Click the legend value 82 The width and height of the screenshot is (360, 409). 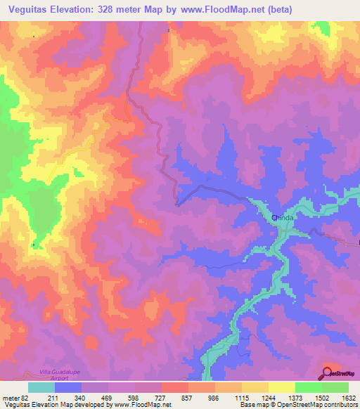[x=25, y=398]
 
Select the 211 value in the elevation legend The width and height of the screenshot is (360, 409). [x=53, y=398]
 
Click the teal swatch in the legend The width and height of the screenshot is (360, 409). [x=41, y=387]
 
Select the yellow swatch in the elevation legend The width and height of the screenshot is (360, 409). [x=281, y=387]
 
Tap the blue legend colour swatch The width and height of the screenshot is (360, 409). [x=68, y=387]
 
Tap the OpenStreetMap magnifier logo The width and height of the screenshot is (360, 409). [x=328, y=372]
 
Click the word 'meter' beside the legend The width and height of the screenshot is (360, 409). [x=11, y=398]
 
